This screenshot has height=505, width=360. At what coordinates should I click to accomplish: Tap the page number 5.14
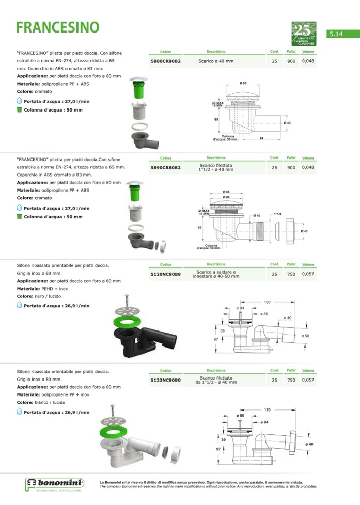[336, 34]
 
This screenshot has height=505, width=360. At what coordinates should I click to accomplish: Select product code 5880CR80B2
[165, 61]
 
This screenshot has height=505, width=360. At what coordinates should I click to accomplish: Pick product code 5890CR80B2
[165, 168]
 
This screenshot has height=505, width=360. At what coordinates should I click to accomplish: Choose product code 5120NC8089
[165, 275]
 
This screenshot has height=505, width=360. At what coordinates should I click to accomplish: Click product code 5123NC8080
[165, 380]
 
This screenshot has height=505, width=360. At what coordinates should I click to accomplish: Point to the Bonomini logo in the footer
[54, 485]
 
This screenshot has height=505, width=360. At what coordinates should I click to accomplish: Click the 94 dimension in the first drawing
[262, 138]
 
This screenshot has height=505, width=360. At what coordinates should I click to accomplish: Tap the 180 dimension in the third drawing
[267, 302]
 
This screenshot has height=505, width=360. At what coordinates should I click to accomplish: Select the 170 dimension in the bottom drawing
[267, 410]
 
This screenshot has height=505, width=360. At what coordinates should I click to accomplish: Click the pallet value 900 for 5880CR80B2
[291, 61]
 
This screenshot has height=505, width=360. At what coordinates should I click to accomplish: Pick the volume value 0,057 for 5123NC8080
[308, 380]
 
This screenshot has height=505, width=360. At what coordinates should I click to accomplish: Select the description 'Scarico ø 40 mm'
[216, 61]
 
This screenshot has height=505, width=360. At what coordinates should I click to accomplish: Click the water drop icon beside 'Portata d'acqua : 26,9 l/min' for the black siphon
[20, 305]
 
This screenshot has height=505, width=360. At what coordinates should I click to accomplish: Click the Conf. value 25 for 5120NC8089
[274, 275]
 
